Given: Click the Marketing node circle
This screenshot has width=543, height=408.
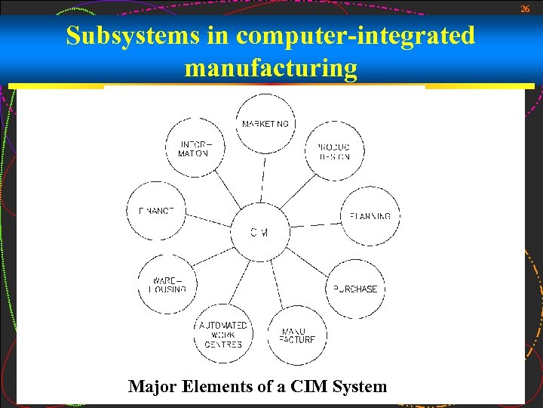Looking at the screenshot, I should [x=265, y=123].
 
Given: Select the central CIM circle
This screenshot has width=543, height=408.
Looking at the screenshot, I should [x=259, y=232].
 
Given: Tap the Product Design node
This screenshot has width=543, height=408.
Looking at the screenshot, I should [x=333, y=151].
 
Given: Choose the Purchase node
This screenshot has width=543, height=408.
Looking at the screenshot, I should [x=355, y=289].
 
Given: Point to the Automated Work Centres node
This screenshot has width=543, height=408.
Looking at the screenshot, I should [x=223, y=335].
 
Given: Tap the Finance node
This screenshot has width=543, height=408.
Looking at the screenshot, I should [x=156, y=211].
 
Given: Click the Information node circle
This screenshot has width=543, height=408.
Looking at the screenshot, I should [x=195, y=148].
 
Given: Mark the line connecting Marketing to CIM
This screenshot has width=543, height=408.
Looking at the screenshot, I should [x=262, y=177].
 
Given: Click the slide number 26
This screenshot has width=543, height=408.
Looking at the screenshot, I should [x=526, y=8].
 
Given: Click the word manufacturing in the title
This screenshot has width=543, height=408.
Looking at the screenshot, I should [x=271, y=68].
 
